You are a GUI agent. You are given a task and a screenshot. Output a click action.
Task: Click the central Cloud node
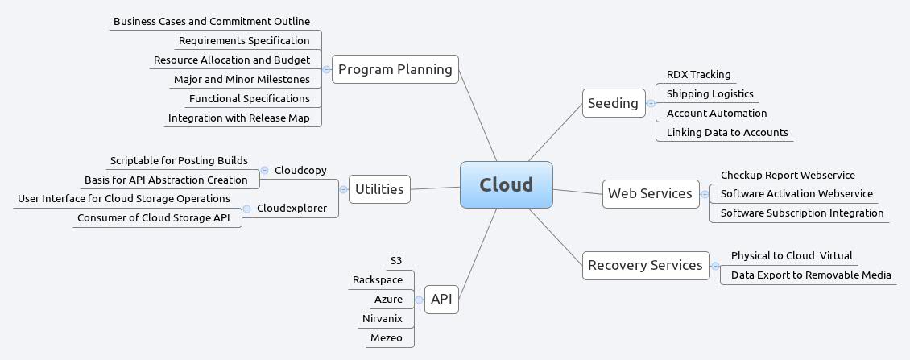(507, 184)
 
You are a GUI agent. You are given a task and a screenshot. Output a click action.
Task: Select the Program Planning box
(395, 69)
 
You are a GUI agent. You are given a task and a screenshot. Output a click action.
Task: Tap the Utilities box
(379, 189)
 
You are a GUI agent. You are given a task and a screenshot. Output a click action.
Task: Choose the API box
(441, 300)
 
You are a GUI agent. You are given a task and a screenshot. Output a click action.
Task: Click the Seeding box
(613, 103)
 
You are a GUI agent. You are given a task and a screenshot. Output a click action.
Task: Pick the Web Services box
(650, 193)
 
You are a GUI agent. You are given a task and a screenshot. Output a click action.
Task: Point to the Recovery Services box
(645, 265)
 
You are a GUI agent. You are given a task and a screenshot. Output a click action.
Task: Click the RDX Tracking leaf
(698, 75)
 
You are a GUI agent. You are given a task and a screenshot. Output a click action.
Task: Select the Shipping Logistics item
(709, 94)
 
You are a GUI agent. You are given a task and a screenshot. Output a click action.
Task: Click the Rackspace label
(378, 279)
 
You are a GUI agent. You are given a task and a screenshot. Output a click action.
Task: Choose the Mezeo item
(386, 337)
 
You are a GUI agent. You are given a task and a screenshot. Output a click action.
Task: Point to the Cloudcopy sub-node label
(300, 170)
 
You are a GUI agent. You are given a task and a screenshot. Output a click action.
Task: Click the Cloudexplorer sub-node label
(292, 209)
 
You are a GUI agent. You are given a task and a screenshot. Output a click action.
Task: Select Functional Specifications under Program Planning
(249, 98)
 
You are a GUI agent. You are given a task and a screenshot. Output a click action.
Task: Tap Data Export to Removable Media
(810, 275)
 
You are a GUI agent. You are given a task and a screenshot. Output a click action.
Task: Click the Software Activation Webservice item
(796, 193)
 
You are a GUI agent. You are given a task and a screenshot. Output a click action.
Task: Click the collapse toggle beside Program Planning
(326, 70)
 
